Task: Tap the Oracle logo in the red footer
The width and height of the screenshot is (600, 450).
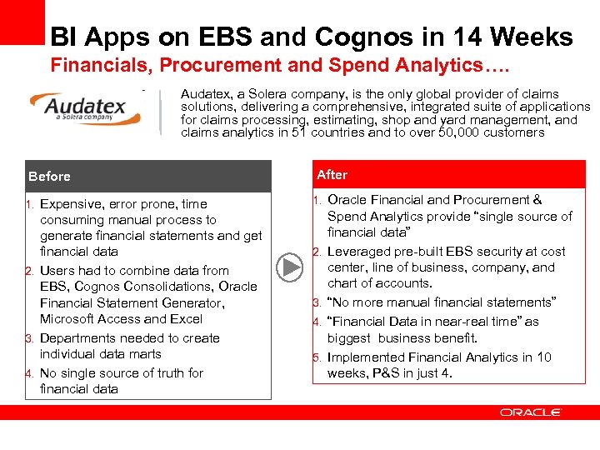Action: click(530, 412)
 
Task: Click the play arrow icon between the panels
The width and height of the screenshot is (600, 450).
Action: click(291, 267)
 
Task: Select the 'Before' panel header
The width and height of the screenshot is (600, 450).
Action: click(147, 176)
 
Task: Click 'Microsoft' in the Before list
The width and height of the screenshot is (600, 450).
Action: click(69, 319)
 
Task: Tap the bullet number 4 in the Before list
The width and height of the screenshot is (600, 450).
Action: click(28, 373)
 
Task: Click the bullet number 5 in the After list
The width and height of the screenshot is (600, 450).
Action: click(317, 357)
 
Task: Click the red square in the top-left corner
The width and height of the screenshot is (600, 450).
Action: click(22, 22)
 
